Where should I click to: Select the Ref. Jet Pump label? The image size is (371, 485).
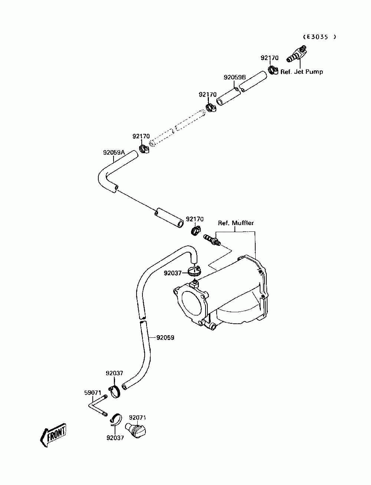point(302,72)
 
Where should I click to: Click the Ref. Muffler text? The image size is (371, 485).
point(236,223)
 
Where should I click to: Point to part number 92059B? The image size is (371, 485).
point(235,77)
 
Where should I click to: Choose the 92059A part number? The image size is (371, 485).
point(114,152)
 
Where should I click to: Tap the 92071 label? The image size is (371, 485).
point(138,418)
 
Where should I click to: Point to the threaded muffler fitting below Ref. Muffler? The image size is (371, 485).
point(212,240)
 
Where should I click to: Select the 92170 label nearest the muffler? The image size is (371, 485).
point(194,219)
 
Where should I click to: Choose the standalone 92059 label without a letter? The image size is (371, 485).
point(165,337)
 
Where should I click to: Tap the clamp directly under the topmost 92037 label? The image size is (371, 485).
point(115,392)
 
